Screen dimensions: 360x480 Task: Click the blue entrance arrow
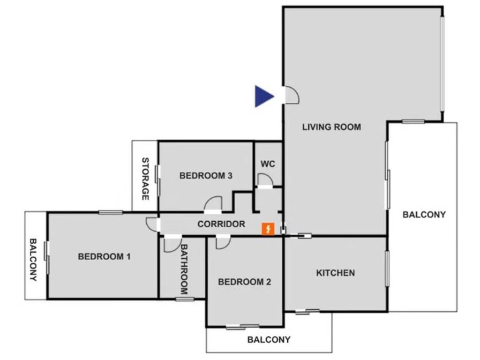[x=263, y=96]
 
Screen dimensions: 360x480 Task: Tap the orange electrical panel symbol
[x=268, y=229]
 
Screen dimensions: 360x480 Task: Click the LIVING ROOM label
[x=331, y=127]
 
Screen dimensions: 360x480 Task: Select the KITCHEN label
[x=335, y=273]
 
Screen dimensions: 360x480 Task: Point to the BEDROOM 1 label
[x=104, y=256]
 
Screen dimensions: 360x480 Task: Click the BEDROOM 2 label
[x=244, y=282]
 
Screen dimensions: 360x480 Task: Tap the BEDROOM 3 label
[x=206, y=176]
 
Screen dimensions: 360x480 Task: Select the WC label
[x=268, y=164]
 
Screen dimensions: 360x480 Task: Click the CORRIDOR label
[x=221, y=224]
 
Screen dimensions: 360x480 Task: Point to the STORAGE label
[x=145, y=179]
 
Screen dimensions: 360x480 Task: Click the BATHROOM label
[x=184, y=269]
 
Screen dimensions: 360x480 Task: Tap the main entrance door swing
[x=292, y=96]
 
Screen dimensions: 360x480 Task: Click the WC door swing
[x=265, y=180]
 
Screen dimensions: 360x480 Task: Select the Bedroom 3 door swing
[x=213, y=205]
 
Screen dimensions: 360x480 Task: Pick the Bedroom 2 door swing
[x=222, y=242]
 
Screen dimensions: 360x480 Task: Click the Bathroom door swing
[x=172, y=245]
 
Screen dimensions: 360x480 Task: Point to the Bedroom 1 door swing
[x=152, y=224]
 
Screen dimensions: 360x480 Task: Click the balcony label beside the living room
[x=424, y=215]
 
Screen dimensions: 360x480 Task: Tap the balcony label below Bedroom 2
[x=269, y=339]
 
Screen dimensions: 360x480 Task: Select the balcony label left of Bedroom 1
[x=33, y=259]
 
